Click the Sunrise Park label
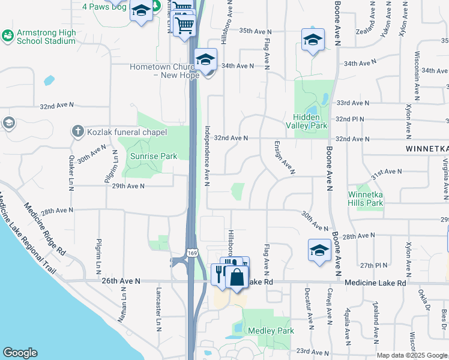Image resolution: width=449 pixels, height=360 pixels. (x=154, y=156)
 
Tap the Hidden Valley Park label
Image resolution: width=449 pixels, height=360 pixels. (x=310, y=121)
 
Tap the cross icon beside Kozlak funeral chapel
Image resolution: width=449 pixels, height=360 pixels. (x=77, y=130)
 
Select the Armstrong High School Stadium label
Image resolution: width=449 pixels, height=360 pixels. (x=46, y=36)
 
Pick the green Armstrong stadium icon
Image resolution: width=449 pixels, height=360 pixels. (x=8, y=36)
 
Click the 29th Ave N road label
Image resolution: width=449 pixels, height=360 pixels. (x=127, y=186)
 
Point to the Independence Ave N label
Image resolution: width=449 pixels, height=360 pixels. (x=207, y=155)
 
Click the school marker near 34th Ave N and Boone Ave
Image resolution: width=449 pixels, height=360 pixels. (x=312, y=40)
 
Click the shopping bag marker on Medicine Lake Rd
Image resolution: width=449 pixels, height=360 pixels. (x=237, y=278)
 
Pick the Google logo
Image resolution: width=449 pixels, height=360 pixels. (x=20, y=353)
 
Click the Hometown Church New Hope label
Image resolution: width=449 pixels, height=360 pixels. (x=162, y=71)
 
